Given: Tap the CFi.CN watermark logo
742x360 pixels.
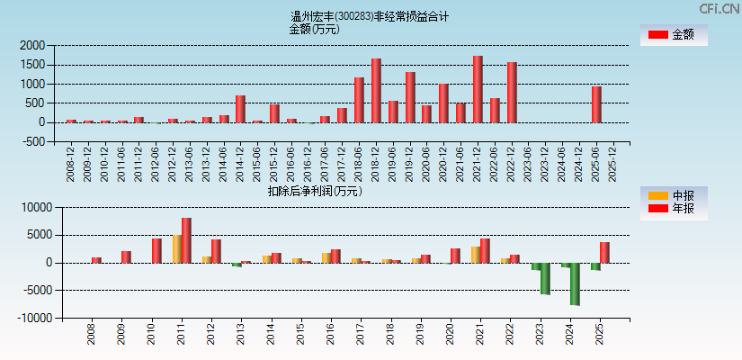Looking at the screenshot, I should point(720,8).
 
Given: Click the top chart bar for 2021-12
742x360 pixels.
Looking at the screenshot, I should point(478,89).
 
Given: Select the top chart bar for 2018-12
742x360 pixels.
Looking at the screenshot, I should point(376,90).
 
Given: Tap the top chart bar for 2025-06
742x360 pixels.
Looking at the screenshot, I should point(596,104).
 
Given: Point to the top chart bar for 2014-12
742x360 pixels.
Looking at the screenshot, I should point(240,109).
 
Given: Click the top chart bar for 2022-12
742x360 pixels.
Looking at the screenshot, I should point(512,92).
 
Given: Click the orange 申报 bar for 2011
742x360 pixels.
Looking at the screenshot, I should point(177,249).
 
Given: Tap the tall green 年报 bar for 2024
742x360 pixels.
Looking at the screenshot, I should point(575,283).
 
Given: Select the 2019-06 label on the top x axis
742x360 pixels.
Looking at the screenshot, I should point(394,163).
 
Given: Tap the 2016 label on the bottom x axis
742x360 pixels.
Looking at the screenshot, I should point(331,335).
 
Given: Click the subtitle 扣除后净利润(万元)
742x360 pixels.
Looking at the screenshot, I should point(314,191).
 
